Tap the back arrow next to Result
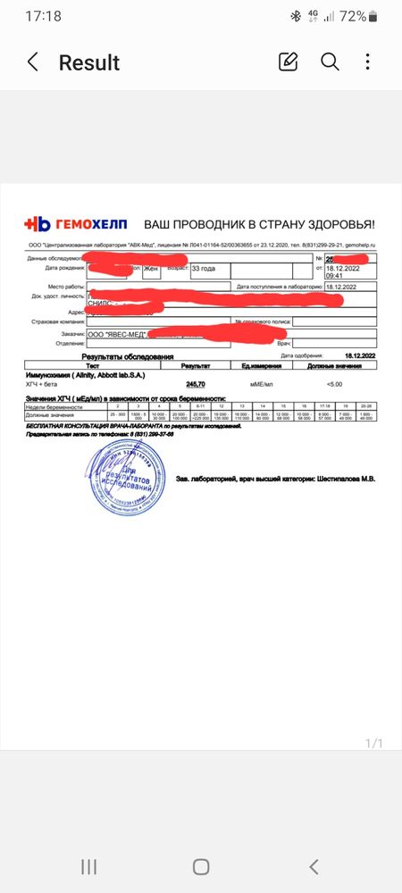pyautogui.click(x=33, y=63)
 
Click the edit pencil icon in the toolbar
pyautogui.click(x=288, y=62)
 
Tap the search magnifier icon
pyautogui.click(x=330, y=62)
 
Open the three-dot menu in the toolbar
pyautogui.click(x=368, y=62)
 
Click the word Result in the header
pyautogui.click(x=89, y=63)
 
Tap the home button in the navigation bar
pyautogui.click(x=201, y=866)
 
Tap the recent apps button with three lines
pyautogui.click(x=88, y=866)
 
